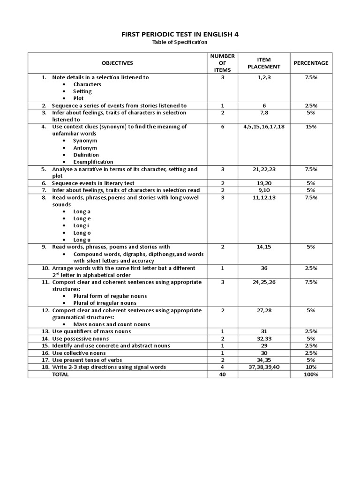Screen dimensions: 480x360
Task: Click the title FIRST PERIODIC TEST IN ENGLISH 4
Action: pyautogui.click(x=180, y=34)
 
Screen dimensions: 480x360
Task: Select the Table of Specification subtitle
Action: pyautogui.click(x=180, y=43)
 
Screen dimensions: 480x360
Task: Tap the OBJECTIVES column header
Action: pyautogui.click(x=117, y=63)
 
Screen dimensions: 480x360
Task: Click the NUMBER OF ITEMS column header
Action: pyautogui.click(x=223, y=63)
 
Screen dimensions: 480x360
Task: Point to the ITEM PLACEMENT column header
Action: pyautogui.click(x=264, y=63)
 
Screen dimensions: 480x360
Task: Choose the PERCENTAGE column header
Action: pyautogui.click(x=311, y=63)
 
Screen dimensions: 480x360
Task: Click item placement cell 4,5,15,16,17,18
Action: pyautogui.click(x=264, y=127)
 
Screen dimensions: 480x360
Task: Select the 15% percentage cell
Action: pyautogui.click(x=311, y=127)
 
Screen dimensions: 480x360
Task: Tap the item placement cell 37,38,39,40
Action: pyautogui.click(x=264, y=367)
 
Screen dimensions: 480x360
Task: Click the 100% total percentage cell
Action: pyautogui.click(x=311, y=374)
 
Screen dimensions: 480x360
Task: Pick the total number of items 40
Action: pyautogui.click(x=223, y=374)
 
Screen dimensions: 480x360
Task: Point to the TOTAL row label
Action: pyautogui.click(x=60, y=374)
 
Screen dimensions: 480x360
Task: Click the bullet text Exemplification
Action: pyautogui.click(x=93, y=162)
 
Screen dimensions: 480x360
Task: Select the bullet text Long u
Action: pyautogui.click(x=82, y=240)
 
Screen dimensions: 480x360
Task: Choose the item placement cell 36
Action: pyautogui.click(x=264, y=268)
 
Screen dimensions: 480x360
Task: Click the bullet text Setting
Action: pyautogui.click(x=82, y=91)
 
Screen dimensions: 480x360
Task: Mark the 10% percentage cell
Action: pyautogui.click(x=311, y=367)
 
